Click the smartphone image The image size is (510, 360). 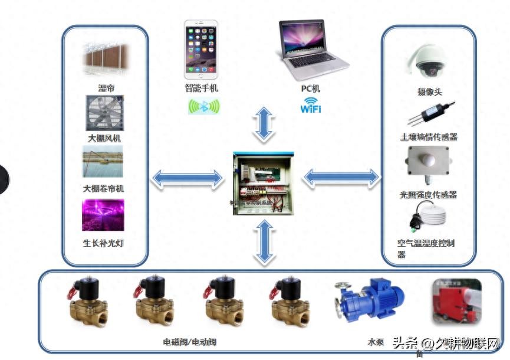(x=200, y=50)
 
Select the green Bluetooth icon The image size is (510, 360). (x=203, y=107)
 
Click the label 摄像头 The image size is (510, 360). (x=429, y=92)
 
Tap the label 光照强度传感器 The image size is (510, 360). (x=428, y=194)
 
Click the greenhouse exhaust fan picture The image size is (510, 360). (x=104, y=113)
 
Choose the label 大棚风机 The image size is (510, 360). (x=105, y=138)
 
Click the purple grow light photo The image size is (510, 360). (x=103, y=215)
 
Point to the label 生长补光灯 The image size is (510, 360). (x=104, y=242)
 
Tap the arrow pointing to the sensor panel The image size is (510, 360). (x=341, y=176)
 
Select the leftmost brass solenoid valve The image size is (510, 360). (x=87, y=302)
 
